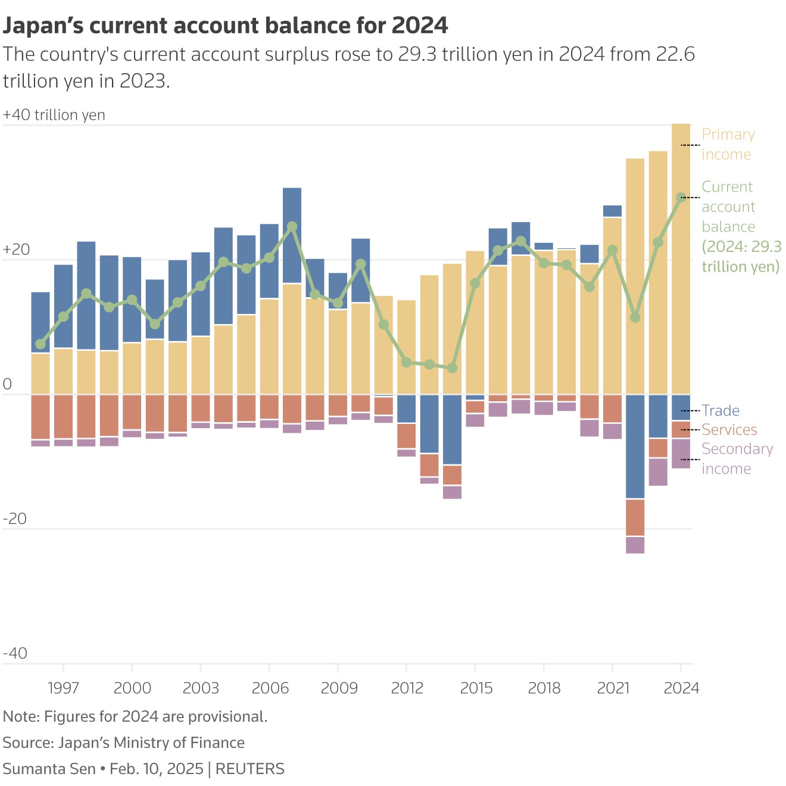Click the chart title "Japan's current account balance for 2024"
click(225, 26)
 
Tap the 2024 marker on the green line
click(681, 198)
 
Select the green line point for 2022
click(635, 317)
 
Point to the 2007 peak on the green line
click(292, 227)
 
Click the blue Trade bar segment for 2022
click(635, 446)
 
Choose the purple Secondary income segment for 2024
click(681, 454)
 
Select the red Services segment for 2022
click(635, 517)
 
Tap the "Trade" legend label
click(720, 411)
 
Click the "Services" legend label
click(729, 430)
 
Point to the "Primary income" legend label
click(728, 144)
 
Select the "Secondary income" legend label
click(737, 458)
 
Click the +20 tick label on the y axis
click(16, 249)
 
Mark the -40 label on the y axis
click(15, 653)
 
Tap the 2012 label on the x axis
click(407, 688)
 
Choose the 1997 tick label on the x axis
click(63, 688)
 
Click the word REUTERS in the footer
click(249, 769)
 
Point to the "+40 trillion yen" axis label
click(54, 115)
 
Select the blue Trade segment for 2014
click(452, 429)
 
